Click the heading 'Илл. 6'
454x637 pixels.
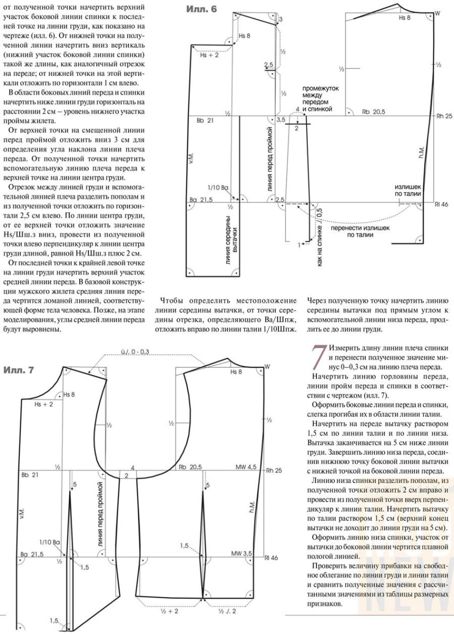(x=201, y=9)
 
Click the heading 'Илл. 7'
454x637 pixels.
(x=19, y=369)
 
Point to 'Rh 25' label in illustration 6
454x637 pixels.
(x=443, y=115)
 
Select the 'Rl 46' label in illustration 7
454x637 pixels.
(x=271, y=558)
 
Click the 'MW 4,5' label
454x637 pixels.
(x=246, y=467)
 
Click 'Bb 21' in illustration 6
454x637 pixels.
(x=205, y=121)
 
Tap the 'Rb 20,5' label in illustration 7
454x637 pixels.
(x=190, y=467)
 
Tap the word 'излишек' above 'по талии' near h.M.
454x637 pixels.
(x=408, y=187)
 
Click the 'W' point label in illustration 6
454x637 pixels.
(x=438, y=12)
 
